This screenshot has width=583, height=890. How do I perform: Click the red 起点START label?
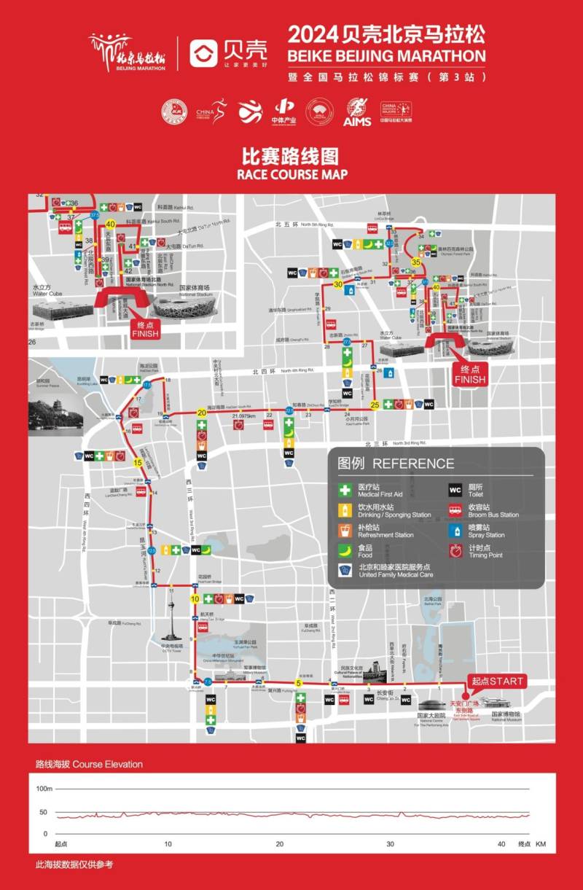tap(498, 682)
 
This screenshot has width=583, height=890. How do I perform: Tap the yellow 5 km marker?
tap(298, 683)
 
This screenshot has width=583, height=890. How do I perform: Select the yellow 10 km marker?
tap(195, 598)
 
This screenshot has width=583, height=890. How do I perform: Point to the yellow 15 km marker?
tap(137, 462)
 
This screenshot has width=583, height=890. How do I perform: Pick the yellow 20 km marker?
tap(202, 413)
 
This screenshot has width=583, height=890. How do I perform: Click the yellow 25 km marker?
tap(375, 405)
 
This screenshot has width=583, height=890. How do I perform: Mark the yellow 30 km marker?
tap(337, 284)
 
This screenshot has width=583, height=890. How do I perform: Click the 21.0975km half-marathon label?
tap(243, 416)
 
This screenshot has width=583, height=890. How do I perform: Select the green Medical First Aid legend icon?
tap(345, 491)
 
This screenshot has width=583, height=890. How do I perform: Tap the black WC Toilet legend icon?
tap(455, 491)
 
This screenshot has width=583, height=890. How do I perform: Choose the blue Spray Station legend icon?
tap(455, 531)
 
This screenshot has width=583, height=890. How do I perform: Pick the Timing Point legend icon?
tap(455, 550)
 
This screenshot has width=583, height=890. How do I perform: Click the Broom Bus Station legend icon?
tap(455, 510)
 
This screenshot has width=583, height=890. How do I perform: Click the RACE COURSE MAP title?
tap(291, 174)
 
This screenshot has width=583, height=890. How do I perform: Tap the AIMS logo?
tap(357, 112)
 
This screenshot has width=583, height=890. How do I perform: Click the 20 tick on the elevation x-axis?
tap(280, 843)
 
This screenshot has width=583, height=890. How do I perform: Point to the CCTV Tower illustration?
tap(173, 624)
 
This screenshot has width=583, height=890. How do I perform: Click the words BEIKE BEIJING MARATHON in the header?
tap(386, 55)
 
